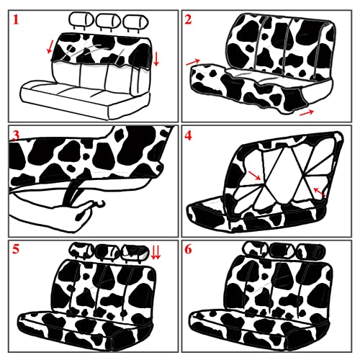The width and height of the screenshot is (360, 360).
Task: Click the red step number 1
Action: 16,19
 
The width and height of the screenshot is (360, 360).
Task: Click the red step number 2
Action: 188,19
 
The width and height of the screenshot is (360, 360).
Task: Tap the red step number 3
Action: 16,136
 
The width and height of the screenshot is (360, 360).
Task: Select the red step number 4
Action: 188,136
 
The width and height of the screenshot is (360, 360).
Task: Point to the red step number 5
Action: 16,249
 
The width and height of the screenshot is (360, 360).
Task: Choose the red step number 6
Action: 188,249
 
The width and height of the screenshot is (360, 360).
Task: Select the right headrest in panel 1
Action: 135,22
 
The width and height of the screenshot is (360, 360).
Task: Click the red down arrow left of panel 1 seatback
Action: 50,47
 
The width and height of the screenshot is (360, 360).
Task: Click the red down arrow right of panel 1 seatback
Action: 156,59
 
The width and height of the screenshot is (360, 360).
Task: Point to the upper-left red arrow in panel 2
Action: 193,62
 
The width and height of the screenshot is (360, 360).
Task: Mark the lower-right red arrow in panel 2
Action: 307,112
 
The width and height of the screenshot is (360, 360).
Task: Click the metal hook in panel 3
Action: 99,204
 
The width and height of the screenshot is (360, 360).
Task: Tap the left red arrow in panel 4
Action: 254,175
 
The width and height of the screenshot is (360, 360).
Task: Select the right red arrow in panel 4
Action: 320,192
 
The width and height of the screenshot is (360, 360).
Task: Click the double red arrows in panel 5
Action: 156,253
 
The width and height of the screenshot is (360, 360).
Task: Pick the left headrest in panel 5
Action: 81,250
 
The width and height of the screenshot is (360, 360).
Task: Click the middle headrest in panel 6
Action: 282,251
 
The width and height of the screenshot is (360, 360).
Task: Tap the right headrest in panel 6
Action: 311,251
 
